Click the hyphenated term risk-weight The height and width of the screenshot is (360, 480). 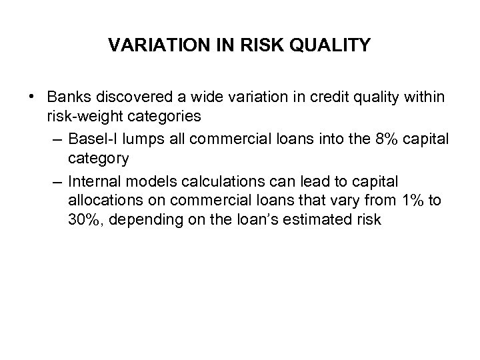tap(83, 116)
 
